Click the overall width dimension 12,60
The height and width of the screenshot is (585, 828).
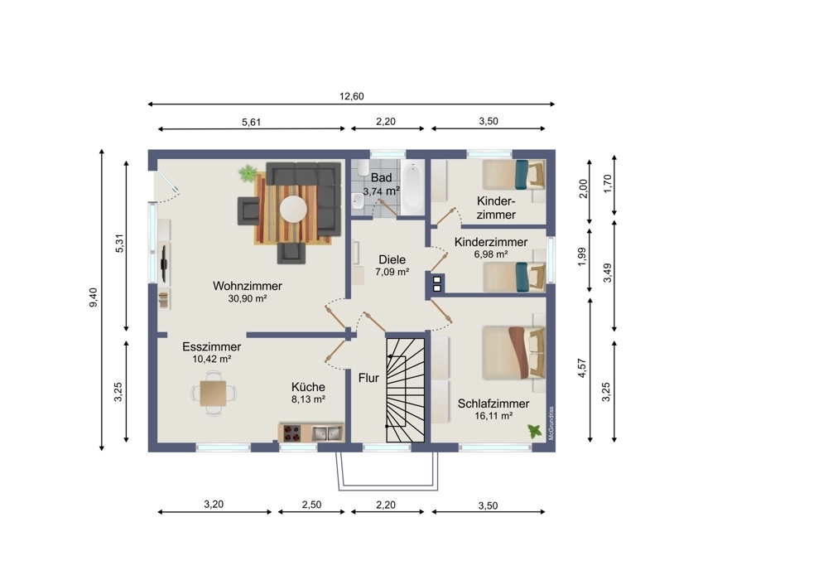click(352, 96)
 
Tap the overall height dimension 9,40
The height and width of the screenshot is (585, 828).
click(93, 297)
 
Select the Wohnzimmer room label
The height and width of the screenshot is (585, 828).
click(247, 286)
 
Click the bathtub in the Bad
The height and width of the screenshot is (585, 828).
click(412, 187)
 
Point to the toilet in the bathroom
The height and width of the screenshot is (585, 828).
click(363, 168)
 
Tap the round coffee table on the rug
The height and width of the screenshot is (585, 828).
click(293, 210)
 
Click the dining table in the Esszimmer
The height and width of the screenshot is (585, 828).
click(214, 393)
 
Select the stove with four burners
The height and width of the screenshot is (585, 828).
click(292, 433)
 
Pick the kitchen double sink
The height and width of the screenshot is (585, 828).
click(326, 433)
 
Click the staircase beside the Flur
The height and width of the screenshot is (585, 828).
click(406, 390)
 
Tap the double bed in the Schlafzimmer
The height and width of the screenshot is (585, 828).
click(513, 352)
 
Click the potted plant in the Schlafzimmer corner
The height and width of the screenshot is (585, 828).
click(535, 431)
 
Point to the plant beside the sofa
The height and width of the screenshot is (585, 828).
click(247, 173)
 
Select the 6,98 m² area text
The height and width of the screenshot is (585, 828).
click(491, 254)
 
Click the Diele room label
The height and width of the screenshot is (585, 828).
click(392, 259)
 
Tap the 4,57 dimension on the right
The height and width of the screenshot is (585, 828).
click(582, 368)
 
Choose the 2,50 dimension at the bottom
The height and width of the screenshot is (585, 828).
click(311, 505)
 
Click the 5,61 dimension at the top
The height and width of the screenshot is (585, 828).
click(252, 122)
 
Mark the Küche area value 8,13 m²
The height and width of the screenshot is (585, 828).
click(308, 399)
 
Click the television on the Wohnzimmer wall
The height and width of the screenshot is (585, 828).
click(164, 263)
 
